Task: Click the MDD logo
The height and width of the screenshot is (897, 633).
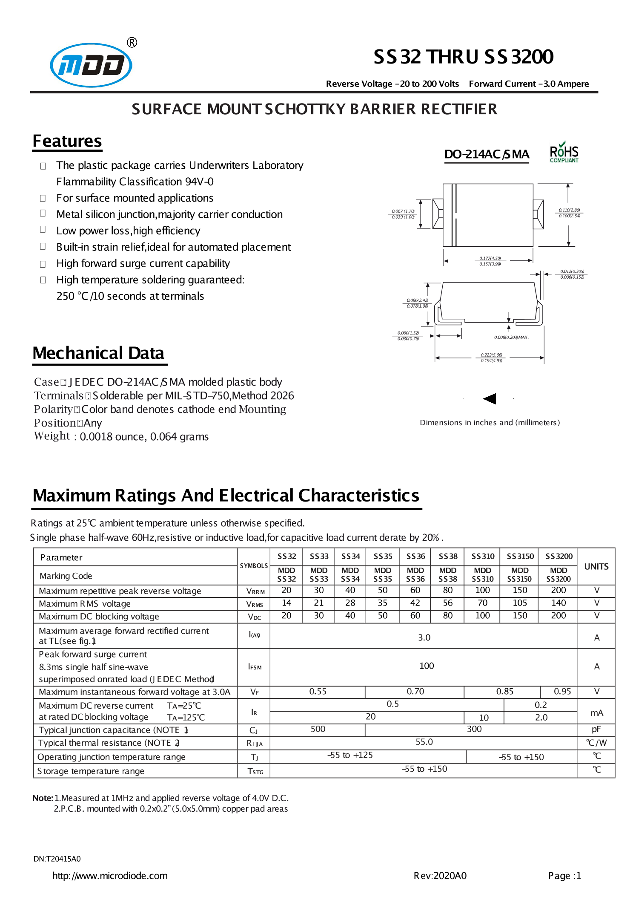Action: [91, 65]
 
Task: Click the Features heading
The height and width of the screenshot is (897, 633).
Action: [67, 141]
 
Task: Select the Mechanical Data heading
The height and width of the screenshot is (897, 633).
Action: [98, 353]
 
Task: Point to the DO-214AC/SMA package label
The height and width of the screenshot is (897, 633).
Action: [487, 154]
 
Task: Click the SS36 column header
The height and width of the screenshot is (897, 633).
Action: [415, 556]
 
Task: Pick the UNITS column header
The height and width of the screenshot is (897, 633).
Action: [596, 566]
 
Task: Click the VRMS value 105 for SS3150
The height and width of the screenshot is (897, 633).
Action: [520, 603]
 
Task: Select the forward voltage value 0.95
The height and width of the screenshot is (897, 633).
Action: [562, 691]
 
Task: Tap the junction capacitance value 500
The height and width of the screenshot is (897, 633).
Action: [318, 729]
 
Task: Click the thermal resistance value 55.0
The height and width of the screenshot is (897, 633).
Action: [424, 742]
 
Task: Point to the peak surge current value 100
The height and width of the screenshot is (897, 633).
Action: [427, 666]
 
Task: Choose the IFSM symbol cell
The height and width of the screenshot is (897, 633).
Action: [255, 667]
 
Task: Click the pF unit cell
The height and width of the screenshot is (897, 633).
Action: [596, 729]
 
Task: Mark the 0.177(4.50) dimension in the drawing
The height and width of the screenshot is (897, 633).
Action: [490, 258]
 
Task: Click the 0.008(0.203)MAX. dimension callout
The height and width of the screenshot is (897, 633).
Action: [511, 337]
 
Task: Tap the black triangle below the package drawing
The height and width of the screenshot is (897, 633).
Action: [490, 398]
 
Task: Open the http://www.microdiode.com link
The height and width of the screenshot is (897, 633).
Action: [110, 876]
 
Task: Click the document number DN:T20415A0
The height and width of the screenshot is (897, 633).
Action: [57, 859]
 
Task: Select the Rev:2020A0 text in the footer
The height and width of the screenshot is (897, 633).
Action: [440, 876]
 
